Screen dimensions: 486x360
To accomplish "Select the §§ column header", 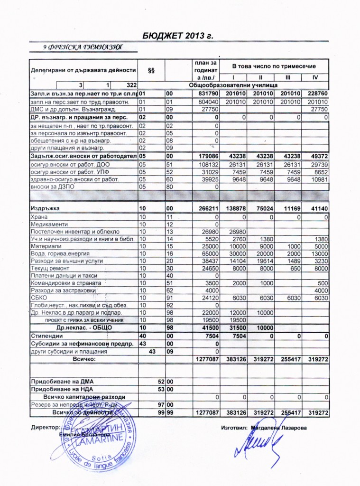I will pyautogui.click(x=152, y=70).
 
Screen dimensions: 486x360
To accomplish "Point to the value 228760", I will pyautogui.click(x=316, y=94).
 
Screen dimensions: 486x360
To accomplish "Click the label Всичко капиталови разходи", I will pyautogui.click(x=84, y=397).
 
